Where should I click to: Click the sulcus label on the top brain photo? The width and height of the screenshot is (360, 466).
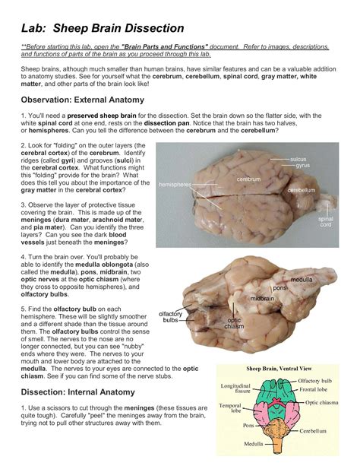click(298, 159)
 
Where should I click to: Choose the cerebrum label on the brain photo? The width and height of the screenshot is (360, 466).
click(248, 179)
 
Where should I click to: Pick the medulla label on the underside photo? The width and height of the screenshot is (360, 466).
click(302, 280)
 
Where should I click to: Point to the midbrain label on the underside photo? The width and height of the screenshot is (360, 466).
click(262, 299)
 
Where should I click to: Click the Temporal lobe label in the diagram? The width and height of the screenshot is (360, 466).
click(231, 409)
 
